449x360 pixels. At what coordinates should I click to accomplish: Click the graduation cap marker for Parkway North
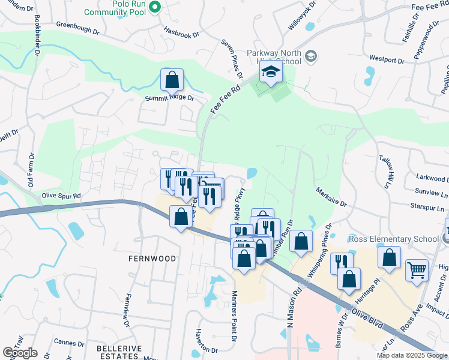click(271, 73)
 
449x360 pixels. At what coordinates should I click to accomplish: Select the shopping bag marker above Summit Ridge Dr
click(172, 79)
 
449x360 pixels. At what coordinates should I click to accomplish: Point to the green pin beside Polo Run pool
click(154, 7)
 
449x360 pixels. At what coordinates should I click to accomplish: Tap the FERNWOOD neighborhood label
click(152, 259)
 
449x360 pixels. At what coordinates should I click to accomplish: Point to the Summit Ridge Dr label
click(170, 98)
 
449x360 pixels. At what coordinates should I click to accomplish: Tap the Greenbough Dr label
click(77, 26)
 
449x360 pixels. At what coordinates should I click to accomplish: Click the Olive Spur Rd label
click(61, 196)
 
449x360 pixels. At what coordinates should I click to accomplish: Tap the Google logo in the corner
click(20, 353)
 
